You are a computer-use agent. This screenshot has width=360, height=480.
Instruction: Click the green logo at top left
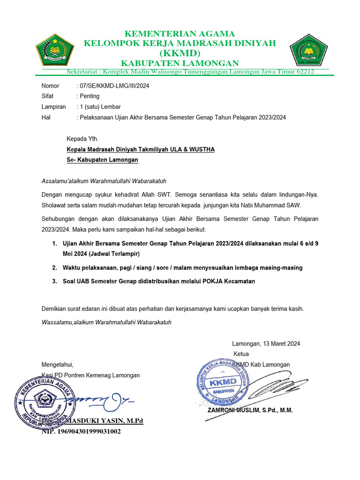coord(55,49)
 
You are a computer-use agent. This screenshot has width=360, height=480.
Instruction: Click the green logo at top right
coord(307,49)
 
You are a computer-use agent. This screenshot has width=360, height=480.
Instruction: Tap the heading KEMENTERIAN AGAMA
coord(180,34)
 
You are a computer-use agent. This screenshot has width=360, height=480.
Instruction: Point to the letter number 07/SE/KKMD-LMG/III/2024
coord(112,86)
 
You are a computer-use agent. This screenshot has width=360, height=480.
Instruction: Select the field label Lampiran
coord(54,107)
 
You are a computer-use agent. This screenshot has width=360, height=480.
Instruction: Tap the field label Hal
coord(46,118)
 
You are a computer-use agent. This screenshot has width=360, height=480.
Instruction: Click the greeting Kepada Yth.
coord(82,139)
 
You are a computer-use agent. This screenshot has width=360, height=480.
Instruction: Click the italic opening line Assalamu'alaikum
coord(104,180)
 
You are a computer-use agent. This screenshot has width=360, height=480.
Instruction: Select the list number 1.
coord(53,244)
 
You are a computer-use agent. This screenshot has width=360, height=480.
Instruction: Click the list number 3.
coord(53,281)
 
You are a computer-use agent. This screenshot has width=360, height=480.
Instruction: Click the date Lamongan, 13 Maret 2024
coord(266,344)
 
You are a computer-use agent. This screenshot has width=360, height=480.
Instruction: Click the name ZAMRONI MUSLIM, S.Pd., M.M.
coord(250,410)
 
